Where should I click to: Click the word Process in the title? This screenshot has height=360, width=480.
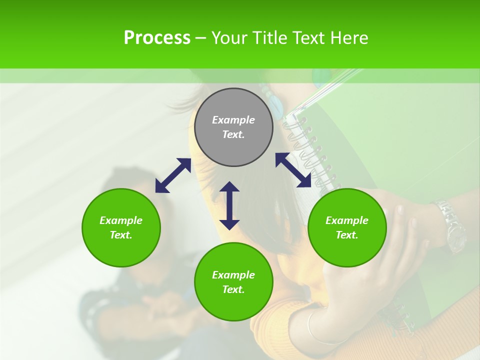(157, 38)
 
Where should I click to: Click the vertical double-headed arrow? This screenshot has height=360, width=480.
(229, 205)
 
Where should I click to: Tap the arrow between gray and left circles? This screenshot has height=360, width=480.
(173, 175)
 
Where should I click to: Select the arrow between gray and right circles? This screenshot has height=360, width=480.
(293, 170)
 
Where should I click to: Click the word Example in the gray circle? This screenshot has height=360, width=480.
(233, 120)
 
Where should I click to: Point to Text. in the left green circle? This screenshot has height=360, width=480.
(121, 235)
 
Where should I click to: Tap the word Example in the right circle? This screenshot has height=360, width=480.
(347, 220)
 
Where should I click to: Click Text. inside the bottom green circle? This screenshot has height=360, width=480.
(233, 289)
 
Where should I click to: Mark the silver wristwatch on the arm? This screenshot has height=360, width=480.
(450, 225)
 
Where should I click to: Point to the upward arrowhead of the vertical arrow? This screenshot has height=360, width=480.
(229, 186)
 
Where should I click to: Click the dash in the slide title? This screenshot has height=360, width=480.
(200, 38)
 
